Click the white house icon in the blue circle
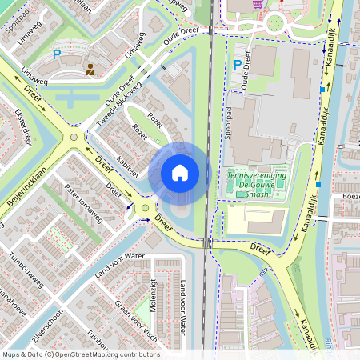pos(180,172)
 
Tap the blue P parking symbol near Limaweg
pos(56,54)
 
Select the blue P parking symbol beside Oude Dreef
pos(237,65)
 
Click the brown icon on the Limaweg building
pos(90,69)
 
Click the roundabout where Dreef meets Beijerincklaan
pos(74,137)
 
